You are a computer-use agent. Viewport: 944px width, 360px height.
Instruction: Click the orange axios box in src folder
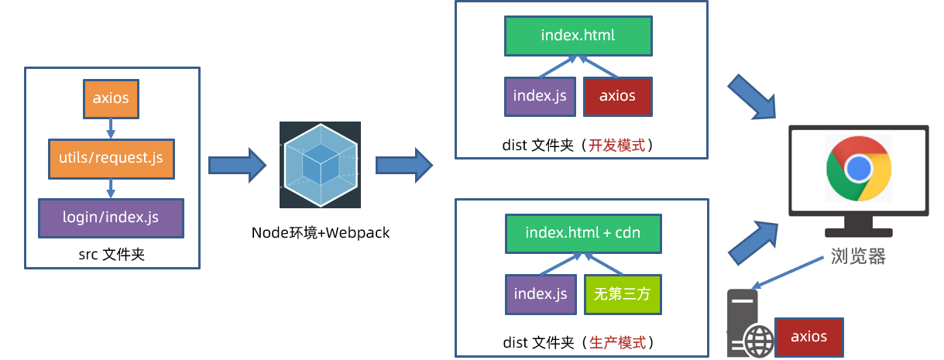tap(111, 98)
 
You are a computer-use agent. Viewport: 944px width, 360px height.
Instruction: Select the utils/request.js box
tap(111, 159)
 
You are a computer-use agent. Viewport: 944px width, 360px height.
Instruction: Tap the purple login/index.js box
tap(111, 218)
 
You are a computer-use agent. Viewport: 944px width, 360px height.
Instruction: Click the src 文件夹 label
tap(112, 253)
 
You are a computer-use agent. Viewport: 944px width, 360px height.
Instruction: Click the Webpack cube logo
tap(320, 165)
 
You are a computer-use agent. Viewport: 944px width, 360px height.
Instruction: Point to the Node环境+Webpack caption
tap(320, 231)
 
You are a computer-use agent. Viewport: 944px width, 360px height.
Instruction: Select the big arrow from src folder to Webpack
tap(237, 165)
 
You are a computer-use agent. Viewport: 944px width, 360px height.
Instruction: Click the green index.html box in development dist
tap(578, 36)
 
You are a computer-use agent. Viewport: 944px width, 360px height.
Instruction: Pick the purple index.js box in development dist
tap(540, 96)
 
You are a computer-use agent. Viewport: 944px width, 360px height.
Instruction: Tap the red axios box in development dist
tap(617, 96)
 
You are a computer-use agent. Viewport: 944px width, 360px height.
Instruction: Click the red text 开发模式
tap(617, 144)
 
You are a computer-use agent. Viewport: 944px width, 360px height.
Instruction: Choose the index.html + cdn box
tap(582, 233)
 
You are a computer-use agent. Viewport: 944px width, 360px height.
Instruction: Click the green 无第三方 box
tap(623, 294)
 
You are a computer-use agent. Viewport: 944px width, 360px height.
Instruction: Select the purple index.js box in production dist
tap(540, 294)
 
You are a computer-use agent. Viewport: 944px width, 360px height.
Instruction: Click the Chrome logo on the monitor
tap(858, 167)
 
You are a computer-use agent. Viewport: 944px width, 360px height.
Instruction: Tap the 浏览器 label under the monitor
tap(858, 256)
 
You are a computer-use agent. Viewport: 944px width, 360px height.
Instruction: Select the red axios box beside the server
tap(808, 337)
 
